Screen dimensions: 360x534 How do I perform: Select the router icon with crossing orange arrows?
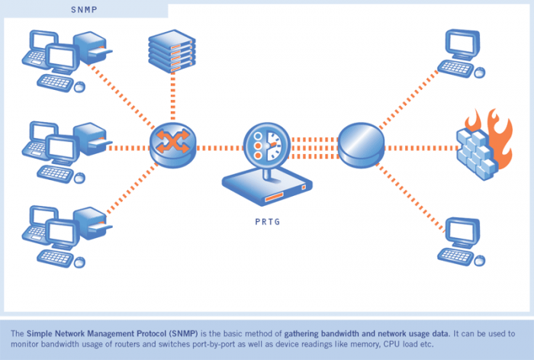(x=172, y=143)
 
